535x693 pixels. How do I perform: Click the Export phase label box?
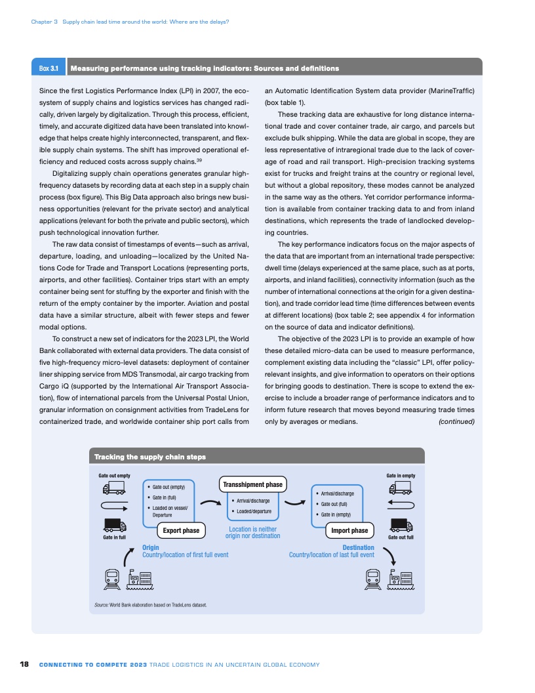181,530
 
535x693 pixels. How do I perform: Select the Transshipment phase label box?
252,484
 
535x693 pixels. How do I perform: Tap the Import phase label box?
349,530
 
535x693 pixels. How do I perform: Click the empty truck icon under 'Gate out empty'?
114,488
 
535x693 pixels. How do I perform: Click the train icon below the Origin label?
111,577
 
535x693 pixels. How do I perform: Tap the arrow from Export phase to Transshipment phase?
208,503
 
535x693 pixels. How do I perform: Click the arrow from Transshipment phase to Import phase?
296,503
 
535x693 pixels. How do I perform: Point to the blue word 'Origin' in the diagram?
150,547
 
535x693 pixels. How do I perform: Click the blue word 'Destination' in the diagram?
358,547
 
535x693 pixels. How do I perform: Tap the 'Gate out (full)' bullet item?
338,504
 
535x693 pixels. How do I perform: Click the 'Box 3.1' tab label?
49,68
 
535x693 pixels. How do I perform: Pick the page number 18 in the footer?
24,665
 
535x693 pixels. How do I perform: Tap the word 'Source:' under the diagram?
102,604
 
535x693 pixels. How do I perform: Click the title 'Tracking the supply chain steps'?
150,457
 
